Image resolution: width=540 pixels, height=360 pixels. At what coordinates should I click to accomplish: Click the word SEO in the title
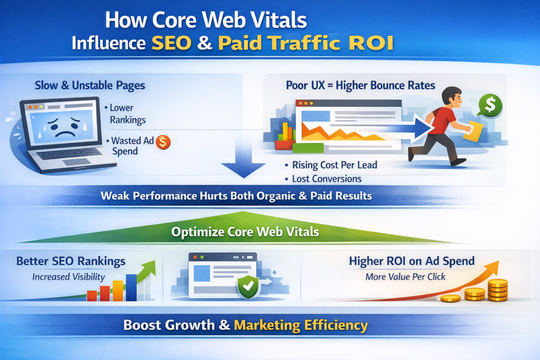[171, 43]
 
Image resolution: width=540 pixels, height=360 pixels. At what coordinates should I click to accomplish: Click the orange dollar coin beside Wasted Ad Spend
[163, 142]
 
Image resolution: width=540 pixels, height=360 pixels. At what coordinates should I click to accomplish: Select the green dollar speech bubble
[489, 105]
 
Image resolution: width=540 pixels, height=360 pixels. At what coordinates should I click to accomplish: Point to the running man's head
[452, 96]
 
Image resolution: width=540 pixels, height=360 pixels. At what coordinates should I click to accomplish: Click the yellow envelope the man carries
[474, 131]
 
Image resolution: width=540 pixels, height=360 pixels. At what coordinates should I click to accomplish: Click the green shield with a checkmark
[248, 286]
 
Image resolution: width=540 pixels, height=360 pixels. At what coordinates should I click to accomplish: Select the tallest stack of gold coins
[498, 290]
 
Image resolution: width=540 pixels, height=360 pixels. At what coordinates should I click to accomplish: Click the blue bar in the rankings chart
[131, 287]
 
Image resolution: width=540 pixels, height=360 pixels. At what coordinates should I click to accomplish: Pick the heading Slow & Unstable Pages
[90, 85]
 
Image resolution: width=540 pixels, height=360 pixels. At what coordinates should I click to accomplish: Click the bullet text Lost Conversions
[327, 179]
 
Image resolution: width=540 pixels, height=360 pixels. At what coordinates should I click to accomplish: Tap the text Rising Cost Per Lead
[335, 165]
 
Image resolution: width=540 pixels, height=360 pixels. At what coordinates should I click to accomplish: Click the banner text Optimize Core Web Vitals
[245, 231]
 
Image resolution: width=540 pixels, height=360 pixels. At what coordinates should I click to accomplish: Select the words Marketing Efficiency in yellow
[301, 325]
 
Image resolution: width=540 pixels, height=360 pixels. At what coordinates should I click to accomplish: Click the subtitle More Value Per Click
[406, 277]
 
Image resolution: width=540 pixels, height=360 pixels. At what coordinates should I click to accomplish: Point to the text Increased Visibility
[69, 277]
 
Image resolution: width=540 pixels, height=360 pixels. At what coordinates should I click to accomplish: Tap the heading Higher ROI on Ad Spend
[411, 261]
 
